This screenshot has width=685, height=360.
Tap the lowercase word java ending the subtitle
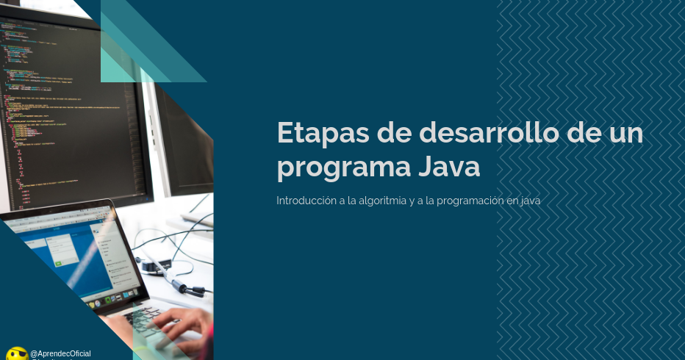530,200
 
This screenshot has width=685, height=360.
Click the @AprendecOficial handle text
60,353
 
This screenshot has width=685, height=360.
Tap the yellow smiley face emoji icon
16,354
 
